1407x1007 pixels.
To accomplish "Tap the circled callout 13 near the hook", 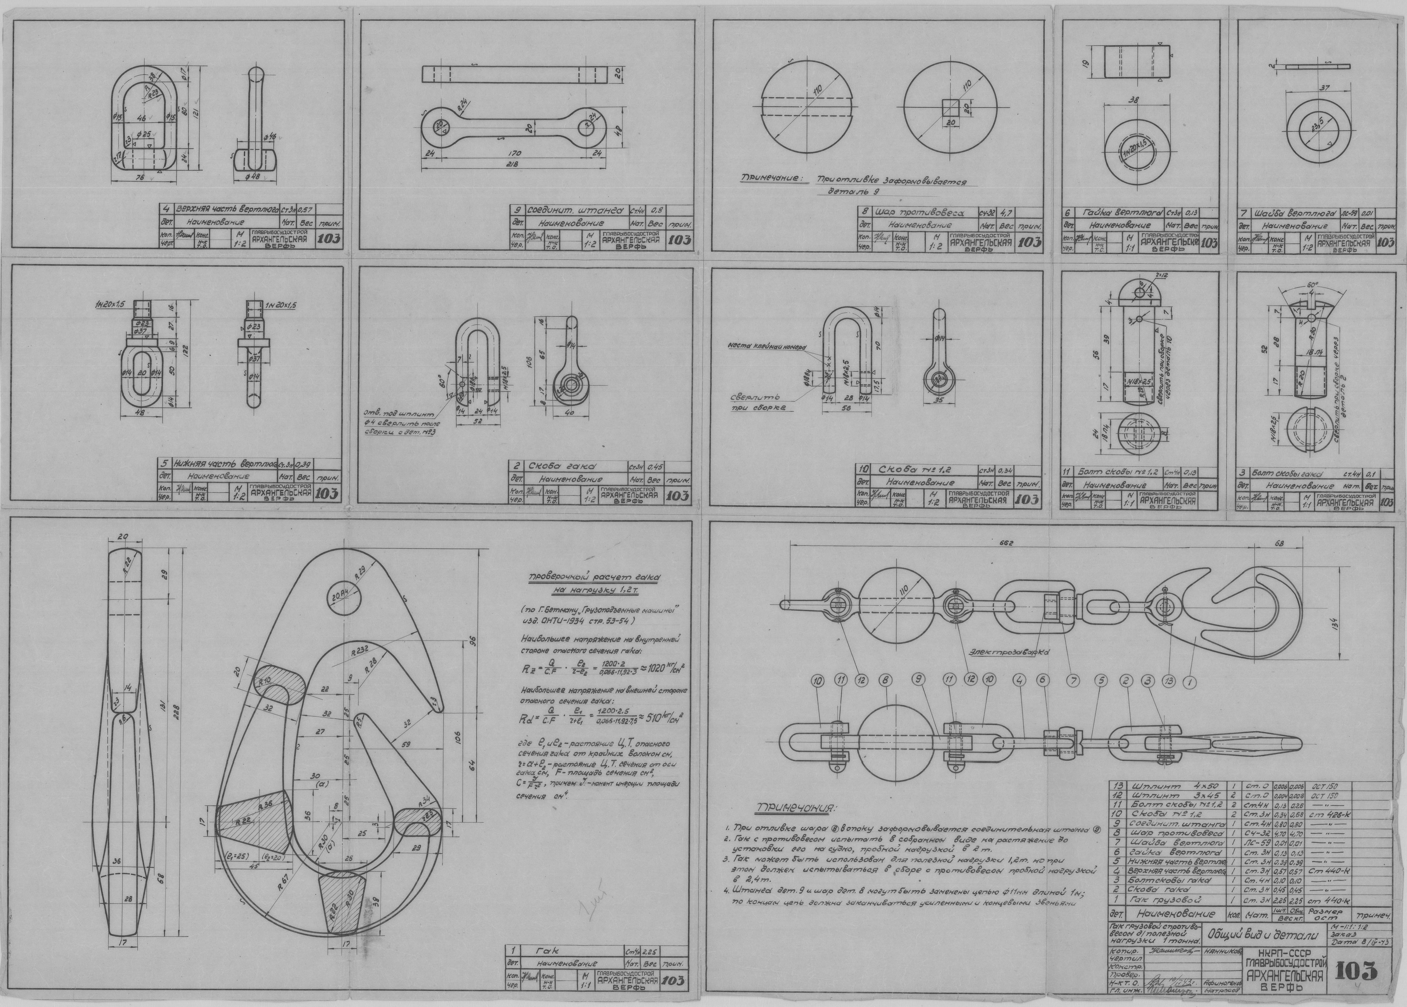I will tap(1170, 682).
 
